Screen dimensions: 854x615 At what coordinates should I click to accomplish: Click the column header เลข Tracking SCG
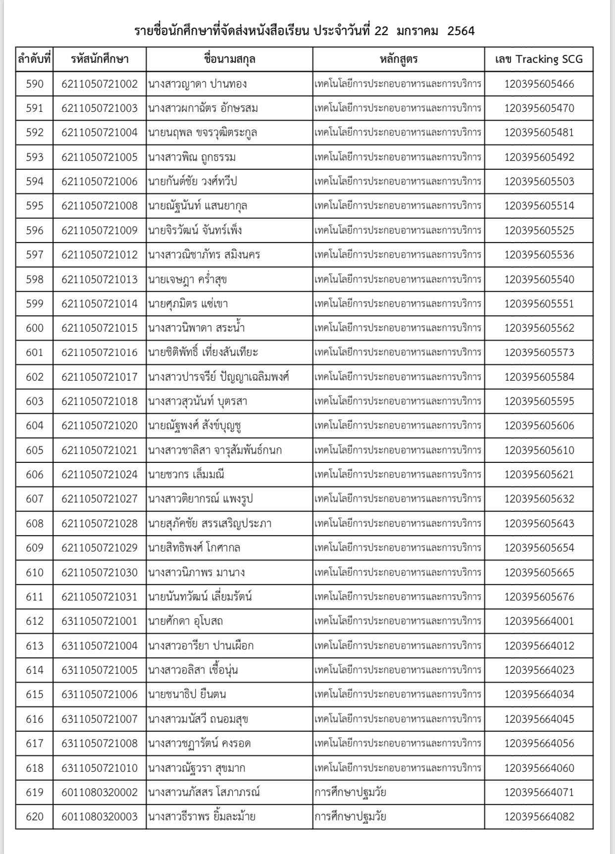pyautogui.click(x=539, y=59)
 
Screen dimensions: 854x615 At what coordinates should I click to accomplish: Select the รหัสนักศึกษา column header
pyautogui.click(x=100, y=59)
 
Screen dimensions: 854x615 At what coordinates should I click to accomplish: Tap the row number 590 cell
pyautogui.click(x=34, y=84)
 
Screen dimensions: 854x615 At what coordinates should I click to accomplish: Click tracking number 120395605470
pyautogui.click(x=539, y=108)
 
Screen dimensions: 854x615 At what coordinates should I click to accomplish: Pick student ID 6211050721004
pyautogui.click(x=100, y=133)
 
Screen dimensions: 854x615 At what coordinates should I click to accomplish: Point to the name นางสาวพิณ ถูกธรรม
pyautogui.click(x=192, y=157)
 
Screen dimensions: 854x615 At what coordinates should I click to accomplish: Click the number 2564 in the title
pyautogui.click(x=461, y=31)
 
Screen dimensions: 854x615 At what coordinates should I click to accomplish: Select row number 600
pyautogui.click(x=34, y=328)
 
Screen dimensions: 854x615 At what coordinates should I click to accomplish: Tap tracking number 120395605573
pyautogui.click(x=539, y=352)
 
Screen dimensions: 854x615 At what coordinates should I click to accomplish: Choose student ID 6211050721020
pyautogui.click(x=100, y=425)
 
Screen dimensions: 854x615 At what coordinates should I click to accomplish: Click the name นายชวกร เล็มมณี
pyautogui.click(x=186, y=474)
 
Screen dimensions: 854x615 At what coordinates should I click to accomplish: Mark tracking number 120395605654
pyautogui.click(x=539, y=548)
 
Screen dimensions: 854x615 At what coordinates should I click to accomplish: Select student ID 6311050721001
pyautogui.click(x=100, y=621)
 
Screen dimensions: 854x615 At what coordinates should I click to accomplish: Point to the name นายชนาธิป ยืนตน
pyautogui.click(x=187, y=694)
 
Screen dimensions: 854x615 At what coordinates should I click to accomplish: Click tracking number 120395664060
pyautogui.click(x=539, y=768)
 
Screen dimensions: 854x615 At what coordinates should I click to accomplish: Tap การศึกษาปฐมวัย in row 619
pyautogui.click(x=350, y=792)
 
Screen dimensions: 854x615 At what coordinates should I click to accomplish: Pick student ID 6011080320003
pyautogui.click(x=100, y=816)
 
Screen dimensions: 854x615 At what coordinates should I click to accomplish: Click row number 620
pyautogui.click(x=34, y=816)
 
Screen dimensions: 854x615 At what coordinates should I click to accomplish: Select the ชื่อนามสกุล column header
pyautogui.click(x=229, y=59)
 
